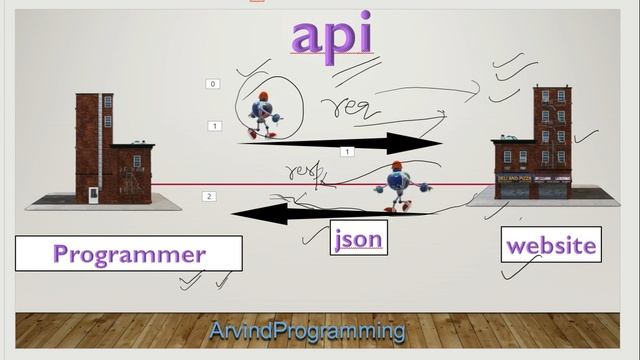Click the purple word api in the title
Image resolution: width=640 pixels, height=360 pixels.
[332, 35]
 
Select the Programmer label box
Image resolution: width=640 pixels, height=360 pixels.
[129, 253]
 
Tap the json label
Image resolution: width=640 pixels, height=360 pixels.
[358, 240]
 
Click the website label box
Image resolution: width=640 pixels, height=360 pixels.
[551, 245]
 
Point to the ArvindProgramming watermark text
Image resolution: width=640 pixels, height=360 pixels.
[307, 330]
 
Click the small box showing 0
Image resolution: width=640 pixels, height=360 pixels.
[213, 84]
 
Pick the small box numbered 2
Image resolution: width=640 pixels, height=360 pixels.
[209, 196]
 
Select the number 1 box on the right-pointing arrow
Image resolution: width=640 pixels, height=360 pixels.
[346, 152]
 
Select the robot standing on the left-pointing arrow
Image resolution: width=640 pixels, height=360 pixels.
[397, 187]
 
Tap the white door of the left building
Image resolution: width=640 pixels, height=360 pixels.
[91, 192]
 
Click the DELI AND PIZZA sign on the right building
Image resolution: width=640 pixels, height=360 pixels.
[513, 178]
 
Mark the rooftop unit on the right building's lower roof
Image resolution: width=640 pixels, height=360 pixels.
[511, 137]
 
